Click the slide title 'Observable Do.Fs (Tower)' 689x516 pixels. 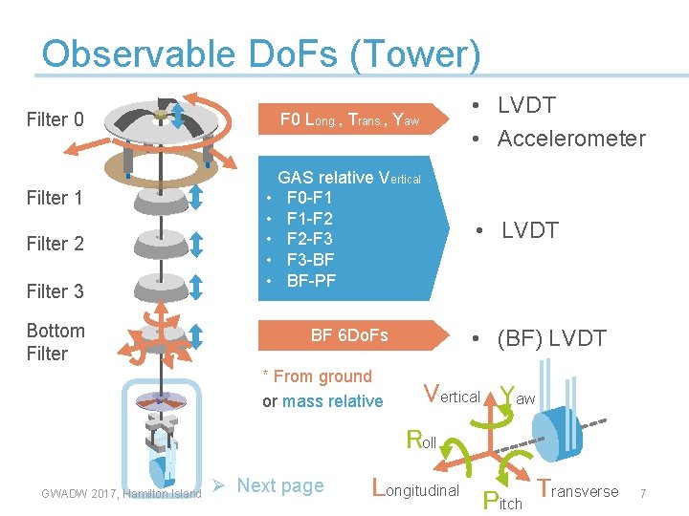(260, 55)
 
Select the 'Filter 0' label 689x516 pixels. (55, 119)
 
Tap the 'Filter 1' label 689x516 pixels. (55, 198)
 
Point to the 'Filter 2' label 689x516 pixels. (55, 244)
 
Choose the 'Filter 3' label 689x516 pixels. (55, 291)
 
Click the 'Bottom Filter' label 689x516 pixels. (56, 342)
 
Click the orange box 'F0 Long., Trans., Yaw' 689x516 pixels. (348, 119)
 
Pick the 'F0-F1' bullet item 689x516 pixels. (309, 198)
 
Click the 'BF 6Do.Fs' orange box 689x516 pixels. (349, 335)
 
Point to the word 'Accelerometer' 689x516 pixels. (571, 139)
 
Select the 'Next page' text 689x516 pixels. (280, 485)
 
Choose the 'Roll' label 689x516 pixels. (421, 441)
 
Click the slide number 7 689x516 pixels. (644, 493)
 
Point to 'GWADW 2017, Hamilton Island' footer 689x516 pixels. (122, 493)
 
